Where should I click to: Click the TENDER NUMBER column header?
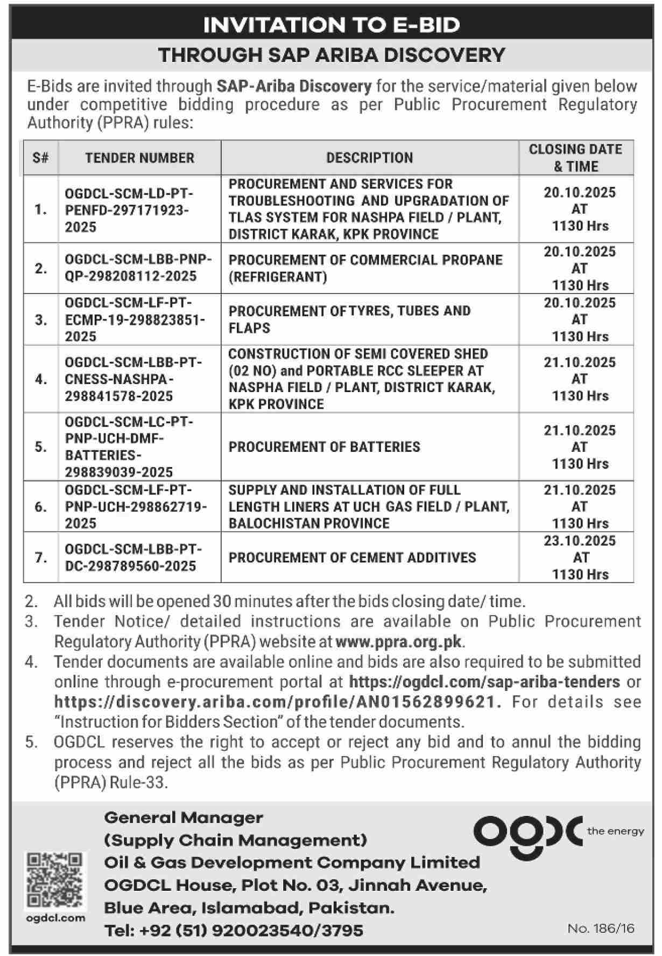(139, 158)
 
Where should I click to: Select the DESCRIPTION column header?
(370, 158)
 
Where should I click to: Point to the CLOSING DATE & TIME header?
(575, 158)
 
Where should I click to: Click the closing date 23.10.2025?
(580, 541)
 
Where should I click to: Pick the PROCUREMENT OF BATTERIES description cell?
(324, 447)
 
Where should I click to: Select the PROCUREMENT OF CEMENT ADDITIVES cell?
(352, 557)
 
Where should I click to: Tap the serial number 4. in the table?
(41, 379)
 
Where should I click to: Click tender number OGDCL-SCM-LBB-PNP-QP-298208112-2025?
(138, 268)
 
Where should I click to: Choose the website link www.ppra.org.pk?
(399, 641)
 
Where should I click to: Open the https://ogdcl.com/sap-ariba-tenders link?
(484, 682)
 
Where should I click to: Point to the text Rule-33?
(138, 782)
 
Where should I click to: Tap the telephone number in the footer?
(234, 930)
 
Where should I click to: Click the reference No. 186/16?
(601, 929)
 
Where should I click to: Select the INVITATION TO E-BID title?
(332, 25)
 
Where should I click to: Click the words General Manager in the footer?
(184, 818)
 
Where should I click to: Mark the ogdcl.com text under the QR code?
(55, 918)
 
